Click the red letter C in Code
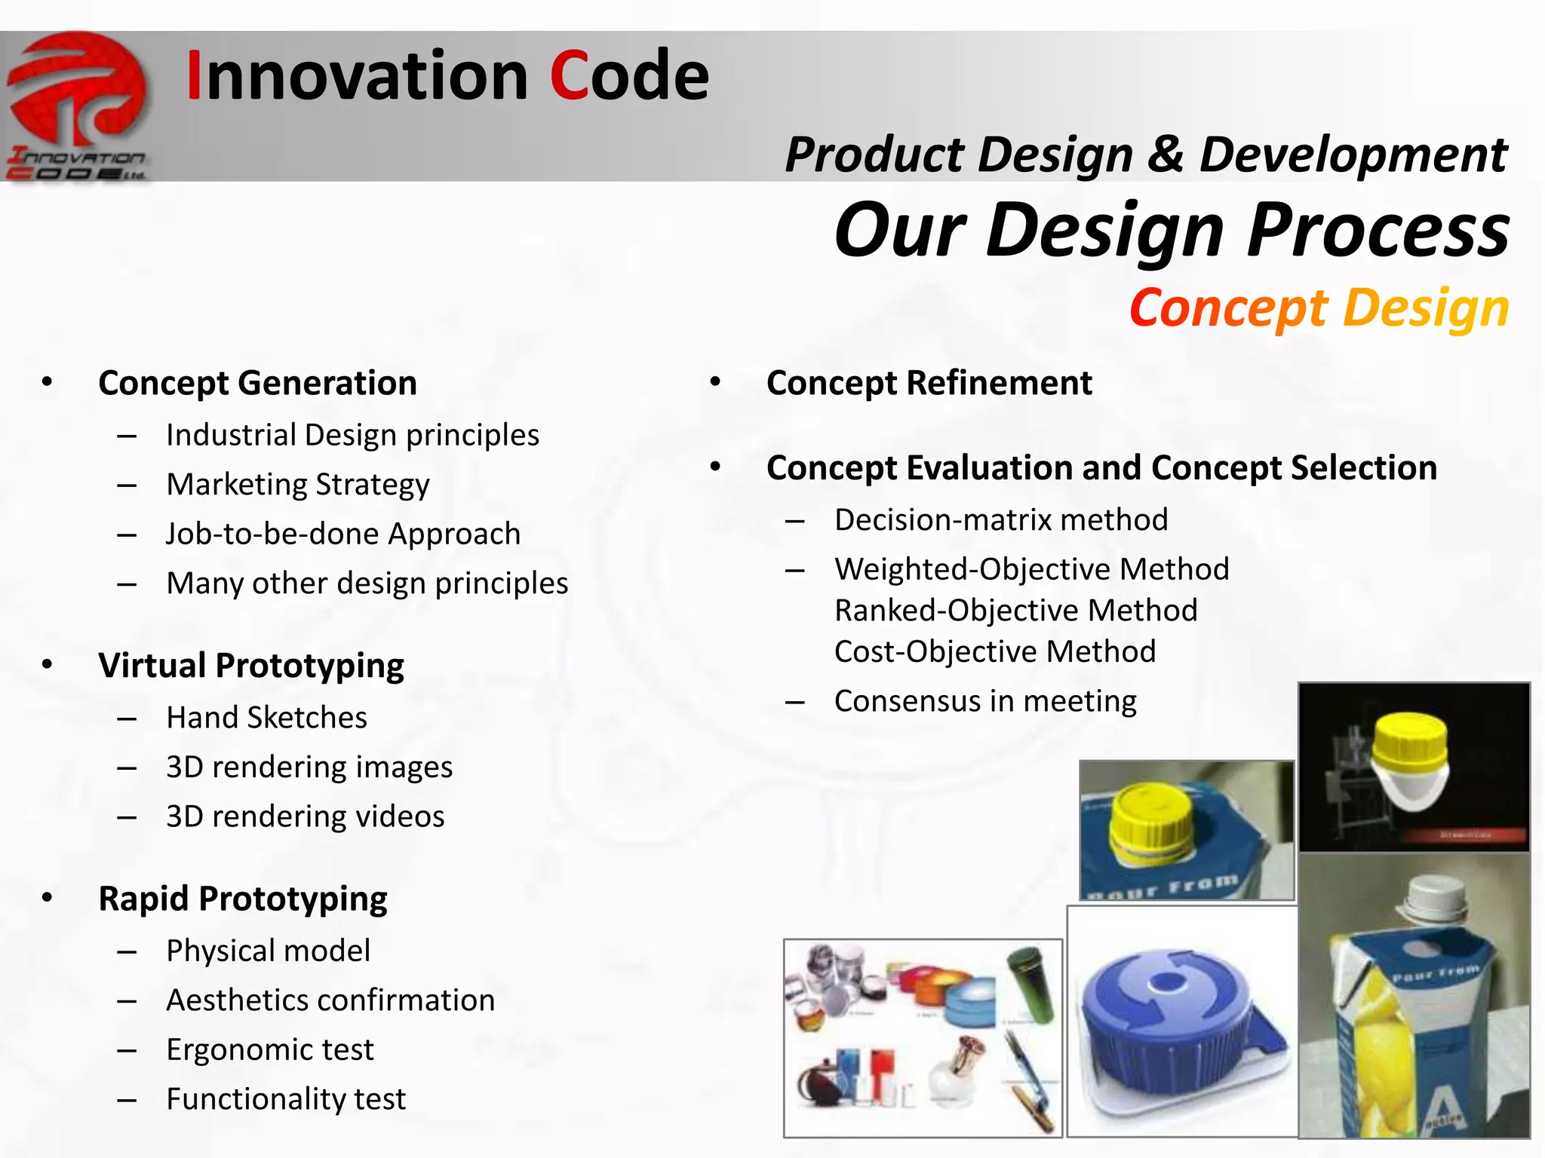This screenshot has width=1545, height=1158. [x=569, y=75]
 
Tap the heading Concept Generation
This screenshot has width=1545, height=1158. [x=257, y=383]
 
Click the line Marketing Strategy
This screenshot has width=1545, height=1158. [x=297, y=484]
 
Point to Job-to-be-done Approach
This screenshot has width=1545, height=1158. [x=343, y=534]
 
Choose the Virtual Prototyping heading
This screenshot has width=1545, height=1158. [x=251, y=666]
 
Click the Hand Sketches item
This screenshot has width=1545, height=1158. [x=266, y=718]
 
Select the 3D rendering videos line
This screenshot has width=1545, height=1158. [x=305, y=816]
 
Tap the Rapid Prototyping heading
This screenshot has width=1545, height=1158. [x=243, y=899]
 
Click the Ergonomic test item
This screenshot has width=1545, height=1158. [x=269, y=1049]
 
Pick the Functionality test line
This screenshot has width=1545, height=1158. [x=286, y=1099]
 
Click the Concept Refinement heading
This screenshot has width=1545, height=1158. [x=929, y=383]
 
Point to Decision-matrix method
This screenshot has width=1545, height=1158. [x=1001, y=520]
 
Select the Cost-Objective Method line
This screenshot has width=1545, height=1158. [x=994, y=651]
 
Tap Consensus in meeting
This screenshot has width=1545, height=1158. [x=984, y=701]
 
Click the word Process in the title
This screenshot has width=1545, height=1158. [x=1378, y=230]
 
